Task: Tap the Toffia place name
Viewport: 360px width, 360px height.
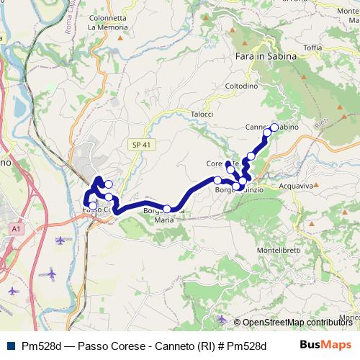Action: (x=312, y=48)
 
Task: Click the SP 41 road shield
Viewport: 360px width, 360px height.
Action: (x=140, y=145)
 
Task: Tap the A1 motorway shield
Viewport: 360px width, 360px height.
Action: (x=16, y=228)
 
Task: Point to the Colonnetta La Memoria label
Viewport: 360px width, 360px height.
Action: (x=107, y=22)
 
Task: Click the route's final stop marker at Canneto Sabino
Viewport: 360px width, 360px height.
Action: (x=274, y=127)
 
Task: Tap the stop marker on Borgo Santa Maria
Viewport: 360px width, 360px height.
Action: (x=167, y=209)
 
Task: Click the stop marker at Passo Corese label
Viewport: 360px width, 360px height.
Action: (x=92, y=206)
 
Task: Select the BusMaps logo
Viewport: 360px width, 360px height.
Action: (x=325, y=345)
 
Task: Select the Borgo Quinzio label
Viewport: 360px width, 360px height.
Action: (x=238, y=190)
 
